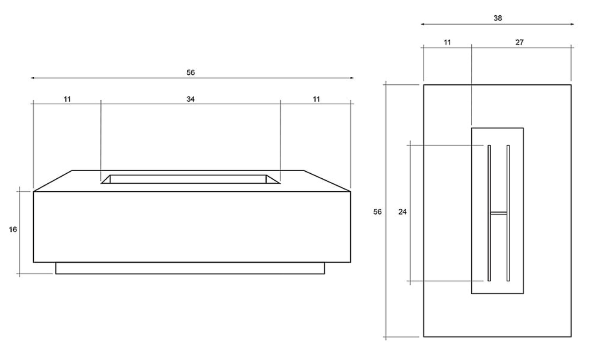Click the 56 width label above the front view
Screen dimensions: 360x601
pos(190,73)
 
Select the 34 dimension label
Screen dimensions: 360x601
pos(190,99)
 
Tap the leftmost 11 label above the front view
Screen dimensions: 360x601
pos(67,99)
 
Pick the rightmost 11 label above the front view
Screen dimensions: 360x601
pos(316,99)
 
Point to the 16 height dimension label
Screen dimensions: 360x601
pos(13,229)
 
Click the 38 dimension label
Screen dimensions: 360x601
pos(497,18)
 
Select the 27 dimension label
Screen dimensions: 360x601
pos(519,42)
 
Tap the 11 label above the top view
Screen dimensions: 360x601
pos(447,42)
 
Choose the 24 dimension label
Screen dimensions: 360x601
pos(402,212)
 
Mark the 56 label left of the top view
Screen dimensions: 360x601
pos(377,212)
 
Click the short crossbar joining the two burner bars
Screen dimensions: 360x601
pos(498,213)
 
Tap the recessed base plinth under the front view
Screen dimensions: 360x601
pos(190,268)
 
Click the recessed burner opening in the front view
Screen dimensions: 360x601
pos(190,179)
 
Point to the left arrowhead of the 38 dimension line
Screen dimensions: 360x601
pos(423,24)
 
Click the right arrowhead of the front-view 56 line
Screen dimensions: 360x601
pos(352,78)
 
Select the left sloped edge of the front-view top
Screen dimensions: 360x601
pos(53,181)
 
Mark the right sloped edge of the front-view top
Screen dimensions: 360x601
pos(327,181)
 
